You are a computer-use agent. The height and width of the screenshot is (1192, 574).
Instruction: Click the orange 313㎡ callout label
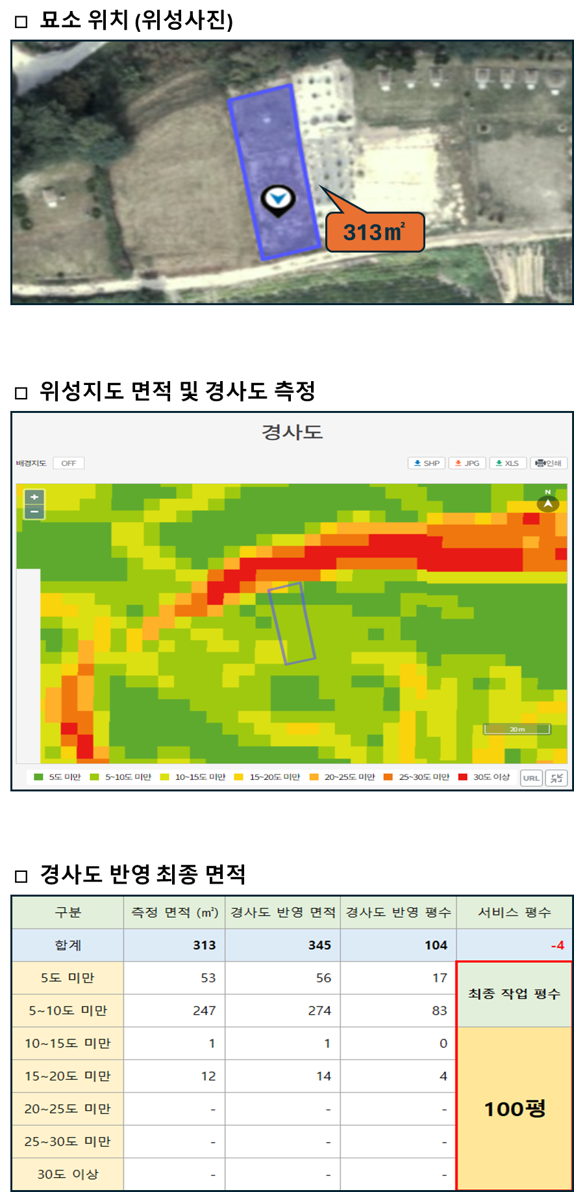click(375, 232)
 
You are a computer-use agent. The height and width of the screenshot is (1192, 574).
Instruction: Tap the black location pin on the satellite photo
click(278, 201)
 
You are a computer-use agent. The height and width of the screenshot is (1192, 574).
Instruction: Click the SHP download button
click(427, 463)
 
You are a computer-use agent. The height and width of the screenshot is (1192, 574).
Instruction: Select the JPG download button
click(467, 463)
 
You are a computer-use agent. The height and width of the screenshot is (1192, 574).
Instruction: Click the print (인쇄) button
click(549, 463)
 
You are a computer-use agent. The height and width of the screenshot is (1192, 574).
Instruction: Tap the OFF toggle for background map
click(69, 463)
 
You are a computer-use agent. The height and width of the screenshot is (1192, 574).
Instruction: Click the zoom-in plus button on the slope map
click(34, 497)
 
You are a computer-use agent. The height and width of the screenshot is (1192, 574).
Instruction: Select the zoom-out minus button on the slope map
click(34, 512)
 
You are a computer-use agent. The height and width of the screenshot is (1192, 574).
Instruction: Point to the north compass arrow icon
click(548, 503)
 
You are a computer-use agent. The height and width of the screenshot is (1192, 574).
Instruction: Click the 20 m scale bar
click(517, 729)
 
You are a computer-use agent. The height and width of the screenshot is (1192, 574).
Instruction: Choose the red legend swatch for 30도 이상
click(463, 777)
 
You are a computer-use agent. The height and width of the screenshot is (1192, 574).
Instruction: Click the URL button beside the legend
click(531, 778)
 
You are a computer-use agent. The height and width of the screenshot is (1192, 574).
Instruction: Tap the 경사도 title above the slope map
click(292, 432)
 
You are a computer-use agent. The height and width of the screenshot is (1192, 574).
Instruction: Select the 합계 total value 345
click(319, 945)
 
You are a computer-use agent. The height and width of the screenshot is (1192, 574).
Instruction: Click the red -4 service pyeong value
click(557, 945)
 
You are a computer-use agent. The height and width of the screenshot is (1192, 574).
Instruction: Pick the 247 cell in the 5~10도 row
click(204, 1010)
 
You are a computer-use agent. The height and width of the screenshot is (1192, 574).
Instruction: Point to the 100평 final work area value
click(515, 1108)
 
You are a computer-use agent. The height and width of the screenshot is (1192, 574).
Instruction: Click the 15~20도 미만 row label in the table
click(68, 1076)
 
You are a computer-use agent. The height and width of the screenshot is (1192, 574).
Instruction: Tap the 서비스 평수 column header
click(514, 912)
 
